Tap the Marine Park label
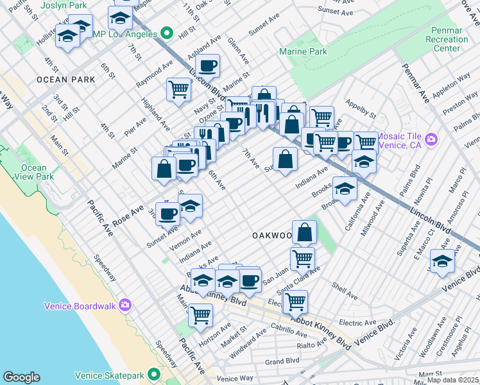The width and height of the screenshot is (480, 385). [x=303, y=52]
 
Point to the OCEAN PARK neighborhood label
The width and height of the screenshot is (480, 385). [x=66, y=80]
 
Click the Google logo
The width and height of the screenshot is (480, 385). [x=21, y=377]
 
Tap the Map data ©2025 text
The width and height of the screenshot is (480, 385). [x=452, y=380]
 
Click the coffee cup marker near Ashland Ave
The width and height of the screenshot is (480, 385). [x=208, y=66]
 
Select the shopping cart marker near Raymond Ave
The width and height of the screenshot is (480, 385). [x=178, y=89]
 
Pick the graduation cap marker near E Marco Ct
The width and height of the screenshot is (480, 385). [x=442, y=263]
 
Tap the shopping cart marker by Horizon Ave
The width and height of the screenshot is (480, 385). [x=200, y=316]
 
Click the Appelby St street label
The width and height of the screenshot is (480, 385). [x=360, y=109]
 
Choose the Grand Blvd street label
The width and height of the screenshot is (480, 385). [x=283, y=361]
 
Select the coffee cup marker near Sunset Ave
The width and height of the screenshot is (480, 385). [x=168, y=214]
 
